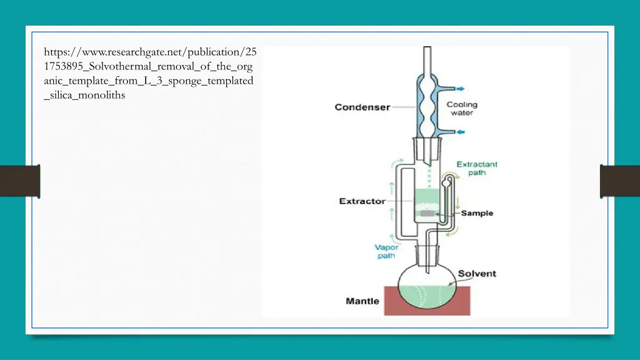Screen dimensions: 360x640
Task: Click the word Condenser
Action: click(x=362, y=107)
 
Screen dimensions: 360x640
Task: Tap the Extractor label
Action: click(x=362, y=201)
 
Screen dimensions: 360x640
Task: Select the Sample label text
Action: click(x=477, y=213)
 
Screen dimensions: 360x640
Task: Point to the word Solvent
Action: click(x=477, y=274)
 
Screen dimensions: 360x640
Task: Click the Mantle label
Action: click(x=362, y=301)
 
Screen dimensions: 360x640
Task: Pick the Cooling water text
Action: click(x=461, y=108)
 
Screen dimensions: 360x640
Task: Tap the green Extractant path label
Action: click(x=477, y=168)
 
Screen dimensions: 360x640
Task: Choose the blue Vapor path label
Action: click(x=386, y=251)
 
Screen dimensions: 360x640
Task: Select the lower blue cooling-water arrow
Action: click(x=461, y=132)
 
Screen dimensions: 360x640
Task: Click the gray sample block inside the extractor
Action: click(x=427, y=213)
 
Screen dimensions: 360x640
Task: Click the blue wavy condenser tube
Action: click(x=427, y=109)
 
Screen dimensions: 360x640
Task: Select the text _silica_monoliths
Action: click(x=84, y=96)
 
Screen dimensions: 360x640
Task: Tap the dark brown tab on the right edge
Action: click(x=619, y=181)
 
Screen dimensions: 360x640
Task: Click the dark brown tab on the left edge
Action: click(x=20, y=181)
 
